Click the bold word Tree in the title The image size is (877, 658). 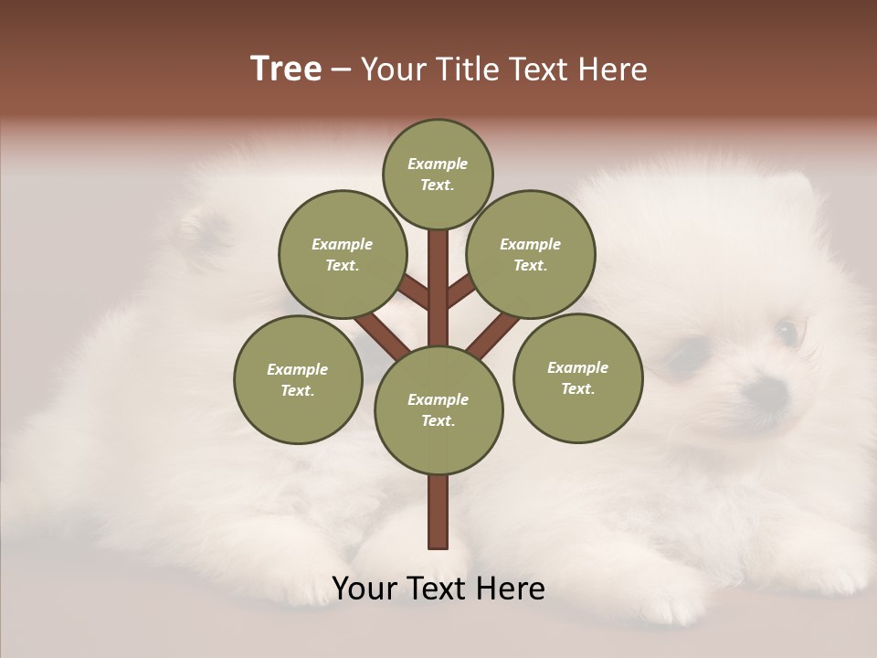(x=286, y=69)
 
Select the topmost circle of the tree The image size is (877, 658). (x=438, y=174)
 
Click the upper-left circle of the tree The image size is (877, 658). (x=342, y=254)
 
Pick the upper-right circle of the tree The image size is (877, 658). (x=530, y=254)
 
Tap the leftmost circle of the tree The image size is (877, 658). (x=298, y=379)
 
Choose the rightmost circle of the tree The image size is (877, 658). (x=577, y=377)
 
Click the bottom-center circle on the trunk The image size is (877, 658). (x=438, y=409)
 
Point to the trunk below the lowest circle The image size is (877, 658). (x=438, y=512)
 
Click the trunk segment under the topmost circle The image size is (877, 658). (x=438, y=274)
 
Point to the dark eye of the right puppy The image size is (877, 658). (x=786, y=329)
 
